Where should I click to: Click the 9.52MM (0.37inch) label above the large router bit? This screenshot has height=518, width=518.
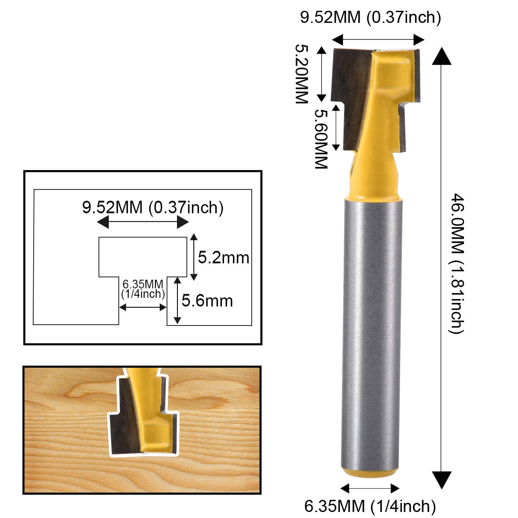tap(370, 18)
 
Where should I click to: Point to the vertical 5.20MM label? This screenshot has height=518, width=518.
tap(301, 73)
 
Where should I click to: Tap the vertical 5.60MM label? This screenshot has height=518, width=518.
tap(320, 138)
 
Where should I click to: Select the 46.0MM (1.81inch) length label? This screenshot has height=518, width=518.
tap(457, 263)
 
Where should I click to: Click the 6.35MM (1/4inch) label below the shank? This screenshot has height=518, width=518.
tap(370, 505)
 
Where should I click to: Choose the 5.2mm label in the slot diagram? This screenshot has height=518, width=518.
tap(224, 258)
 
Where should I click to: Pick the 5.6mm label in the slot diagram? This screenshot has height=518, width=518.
tap(207, 300)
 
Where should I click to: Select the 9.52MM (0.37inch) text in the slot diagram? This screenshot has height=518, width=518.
tap(153, 208)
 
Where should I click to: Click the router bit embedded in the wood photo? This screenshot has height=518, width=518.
tap(144, 414)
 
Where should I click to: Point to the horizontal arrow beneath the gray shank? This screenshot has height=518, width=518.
tap(370, 488)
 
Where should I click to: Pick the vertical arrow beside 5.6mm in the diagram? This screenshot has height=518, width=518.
tap(177, 300)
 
